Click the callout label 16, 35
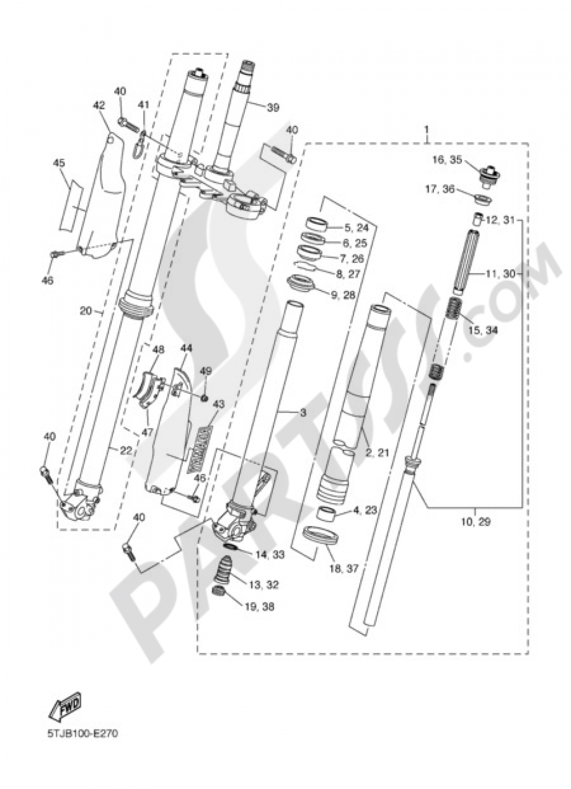(x=447, y=161)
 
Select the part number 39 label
(x=273, y=107)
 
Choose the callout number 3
(x=303, y=412)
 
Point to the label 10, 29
(x=475, y=521)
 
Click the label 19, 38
(x=260, y=606)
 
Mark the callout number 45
(x=59, y=163)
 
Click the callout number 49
(x=206, y=371)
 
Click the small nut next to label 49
(x=204, y=396)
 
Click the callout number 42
(x=99, y=105)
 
